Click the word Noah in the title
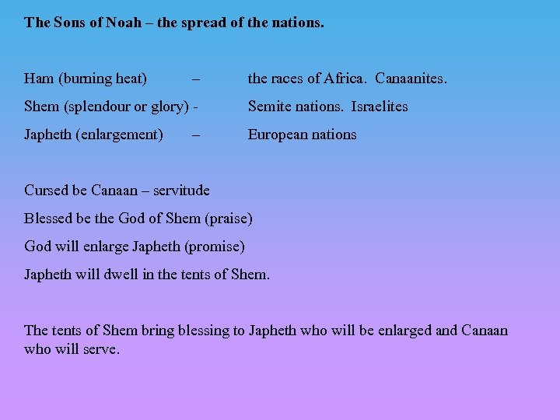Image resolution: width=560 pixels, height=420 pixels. click(x=124, y=23)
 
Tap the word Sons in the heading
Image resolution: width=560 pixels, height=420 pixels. click(x=70, y=23)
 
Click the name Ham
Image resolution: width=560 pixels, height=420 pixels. click(x=39, y=79)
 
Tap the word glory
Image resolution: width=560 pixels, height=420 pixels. click(x=168, y=107)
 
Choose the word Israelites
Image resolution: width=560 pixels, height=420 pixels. click(x=379, y=107)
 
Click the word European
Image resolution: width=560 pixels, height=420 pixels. click(x=277, y=135)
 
